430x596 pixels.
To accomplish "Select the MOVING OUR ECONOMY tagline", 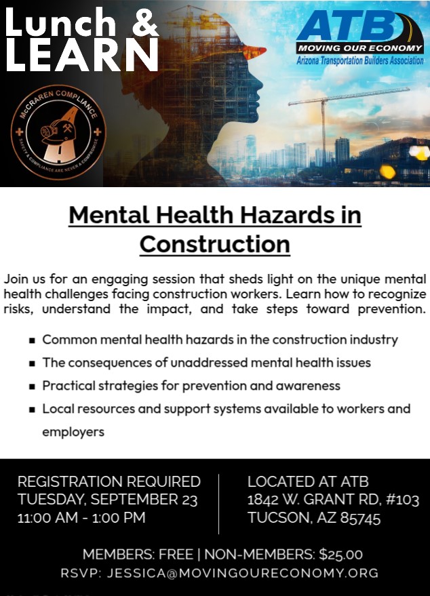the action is pos(359,48).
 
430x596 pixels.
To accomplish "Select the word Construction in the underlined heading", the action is pos(215,244).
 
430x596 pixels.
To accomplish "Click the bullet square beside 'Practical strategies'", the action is pos(33,386).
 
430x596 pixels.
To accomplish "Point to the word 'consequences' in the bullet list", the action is pos(111,363).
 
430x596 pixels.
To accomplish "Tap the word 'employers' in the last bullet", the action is pos(73,433).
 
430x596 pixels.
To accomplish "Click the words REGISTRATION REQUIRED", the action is pos(109,481).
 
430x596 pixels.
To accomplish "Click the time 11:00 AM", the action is pos(47,518).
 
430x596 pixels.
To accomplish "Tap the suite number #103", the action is pos(402,500).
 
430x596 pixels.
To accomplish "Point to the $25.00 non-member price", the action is pos(340,555).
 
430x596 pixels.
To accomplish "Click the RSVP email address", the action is pos(243,573).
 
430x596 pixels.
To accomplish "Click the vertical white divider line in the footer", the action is pos(218,504).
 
